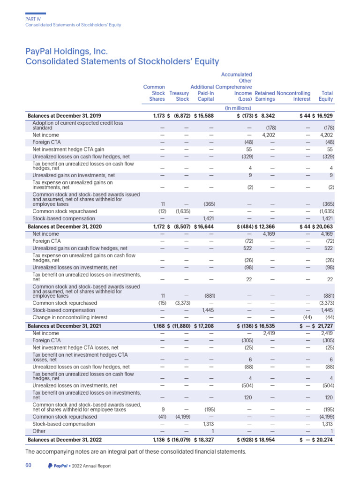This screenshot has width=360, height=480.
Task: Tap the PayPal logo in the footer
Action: [58, 466]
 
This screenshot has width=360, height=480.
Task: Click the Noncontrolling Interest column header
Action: [294, 96]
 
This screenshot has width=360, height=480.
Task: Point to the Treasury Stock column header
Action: [179, 96]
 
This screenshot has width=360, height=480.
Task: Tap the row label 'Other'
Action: [39, 431]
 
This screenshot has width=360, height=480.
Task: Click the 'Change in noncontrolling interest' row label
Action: [69, 317]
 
